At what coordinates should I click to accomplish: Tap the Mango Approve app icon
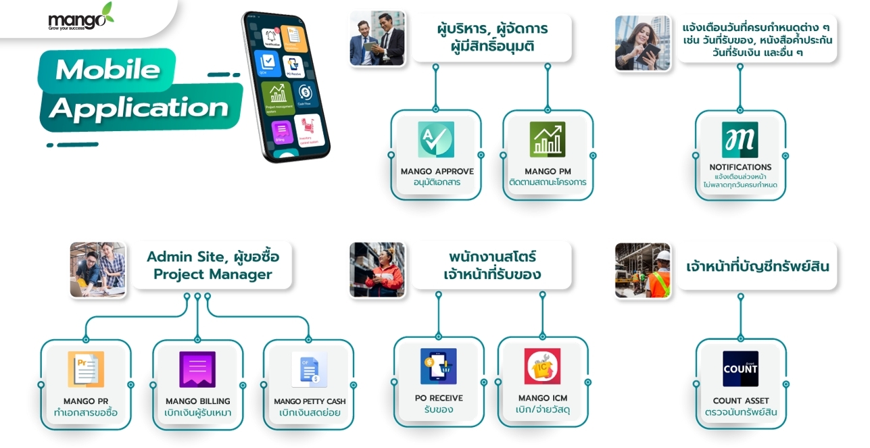point(435,140)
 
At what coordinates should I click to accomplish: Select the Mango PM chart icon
point(547,140)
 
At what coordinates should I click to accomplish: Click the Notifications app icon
point(740,140)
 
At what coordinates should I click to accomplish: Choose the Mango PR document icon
point(86,370)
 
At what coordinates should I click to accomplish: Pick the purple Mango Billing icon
point(197,370)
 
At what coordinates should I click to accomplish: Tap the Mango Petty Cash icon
point(309,370)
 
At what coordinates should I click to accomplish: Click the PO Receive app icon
point(438,366)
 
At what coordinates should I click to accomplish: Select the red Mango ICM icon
point(542,366)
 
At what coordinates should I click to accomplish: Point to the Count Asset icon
point(740,369)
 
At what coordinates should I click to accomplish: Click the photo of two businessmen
point(377,39)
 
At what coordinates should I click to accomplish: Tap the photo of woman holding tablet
point(642,43)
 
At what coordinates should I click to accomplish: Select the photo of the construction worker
point(642,270)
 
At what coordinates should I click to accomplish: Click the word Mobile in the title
point(107,70)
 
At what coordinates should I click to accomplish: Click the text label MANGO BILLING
point(197,401)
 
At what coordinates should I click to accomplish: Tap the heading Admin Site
point(185,257)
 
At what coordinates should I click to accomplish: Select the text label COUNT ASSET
point(740,401)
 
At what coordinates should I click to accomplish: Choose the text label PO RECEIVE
point(439,398)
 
